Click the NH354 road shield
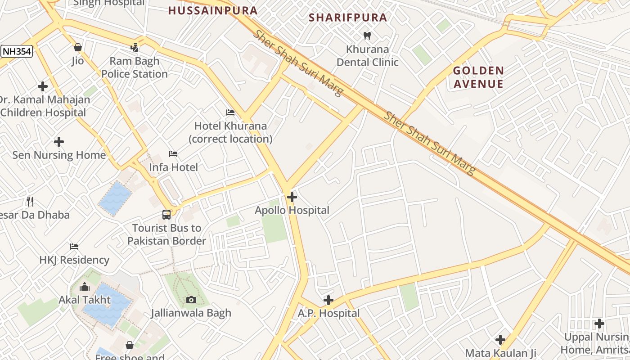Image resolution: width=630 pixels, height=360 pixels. point(17,51)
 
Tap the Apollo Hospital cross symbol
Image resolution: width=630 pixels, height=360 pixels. point(292,197)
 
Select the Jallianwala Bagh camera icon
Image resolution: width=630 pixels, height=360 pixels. point(191,300)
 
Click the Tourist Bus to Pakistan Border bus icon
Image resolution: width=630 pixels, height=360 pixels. point(166,215)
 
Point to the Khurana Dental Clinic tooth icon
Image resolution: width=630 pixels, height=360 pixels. point(367,36)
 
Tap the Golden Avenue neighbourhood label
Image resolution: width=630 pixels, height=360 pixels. point(478,77)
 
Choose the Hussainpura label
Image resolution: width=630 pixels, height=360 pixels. point(213,10)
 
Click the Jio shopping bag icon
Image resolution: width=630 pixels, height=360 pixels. point(77,47)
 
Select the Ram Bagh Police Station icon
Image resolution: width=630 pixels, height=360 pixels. point(134,47)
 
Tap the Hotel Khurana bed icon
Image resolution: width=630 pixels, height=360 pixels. point(230,112)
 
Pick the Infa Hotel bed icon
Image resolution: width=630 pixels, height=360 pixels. point(173,154)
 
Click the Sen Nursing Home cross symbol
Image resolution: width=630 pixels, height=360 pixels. point(58,142)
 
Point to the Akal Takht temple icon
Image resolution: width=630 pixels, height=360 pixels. point(85,287)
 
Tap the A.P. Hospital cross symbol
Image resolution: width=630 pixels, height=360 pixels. point(328,300)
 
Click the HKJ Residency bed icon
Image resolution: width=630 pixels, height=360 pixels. point(74,247)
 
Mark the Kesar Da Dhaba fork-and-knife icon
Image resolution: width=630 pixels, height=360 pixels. point(30,202)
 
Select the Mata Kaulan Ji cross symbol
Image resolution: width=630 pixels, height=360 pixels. point(500,340)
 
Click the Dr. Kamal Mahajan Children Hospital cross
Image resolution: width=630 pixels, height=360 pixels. point(43,86)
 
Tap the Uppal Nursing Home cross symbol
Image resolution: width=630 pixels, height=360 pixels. point(599,324)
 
